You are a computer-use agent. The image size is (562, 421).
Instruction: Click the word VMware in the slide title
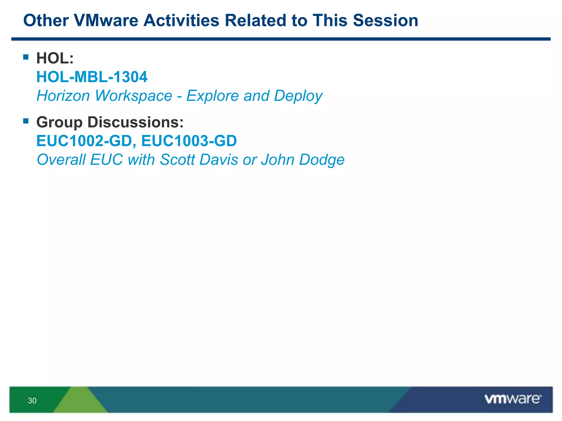(x=106, y=21)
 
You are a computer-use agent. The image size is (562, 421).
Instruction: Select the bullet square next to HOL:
(x=26, y=57)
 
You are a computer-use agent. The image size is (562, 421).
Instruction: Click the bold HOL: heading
(x=55, y=58)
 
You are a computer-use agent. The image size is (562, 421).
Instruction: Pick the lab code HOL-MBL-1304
(x=92, y=77)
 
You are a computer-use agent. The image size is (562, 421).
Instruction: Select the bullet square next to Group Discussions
(x=26, y=121)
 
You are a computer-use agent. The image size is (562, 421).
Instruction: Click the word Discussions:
(x=135, y=122)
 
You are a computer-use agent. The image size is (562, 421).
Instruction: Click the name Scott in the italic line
(x=177, y=160)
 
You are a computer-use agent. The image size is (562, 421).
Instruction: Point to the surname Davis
(x=219, y=160)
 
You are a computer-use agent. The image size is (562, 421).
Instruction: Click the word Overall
(x=61, y=160)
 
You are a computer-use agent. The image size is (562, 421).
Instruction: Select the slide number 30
(x=32, y=401)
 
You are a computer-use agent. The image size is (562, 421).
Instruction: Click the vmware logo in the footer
(x=513, y=399)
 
